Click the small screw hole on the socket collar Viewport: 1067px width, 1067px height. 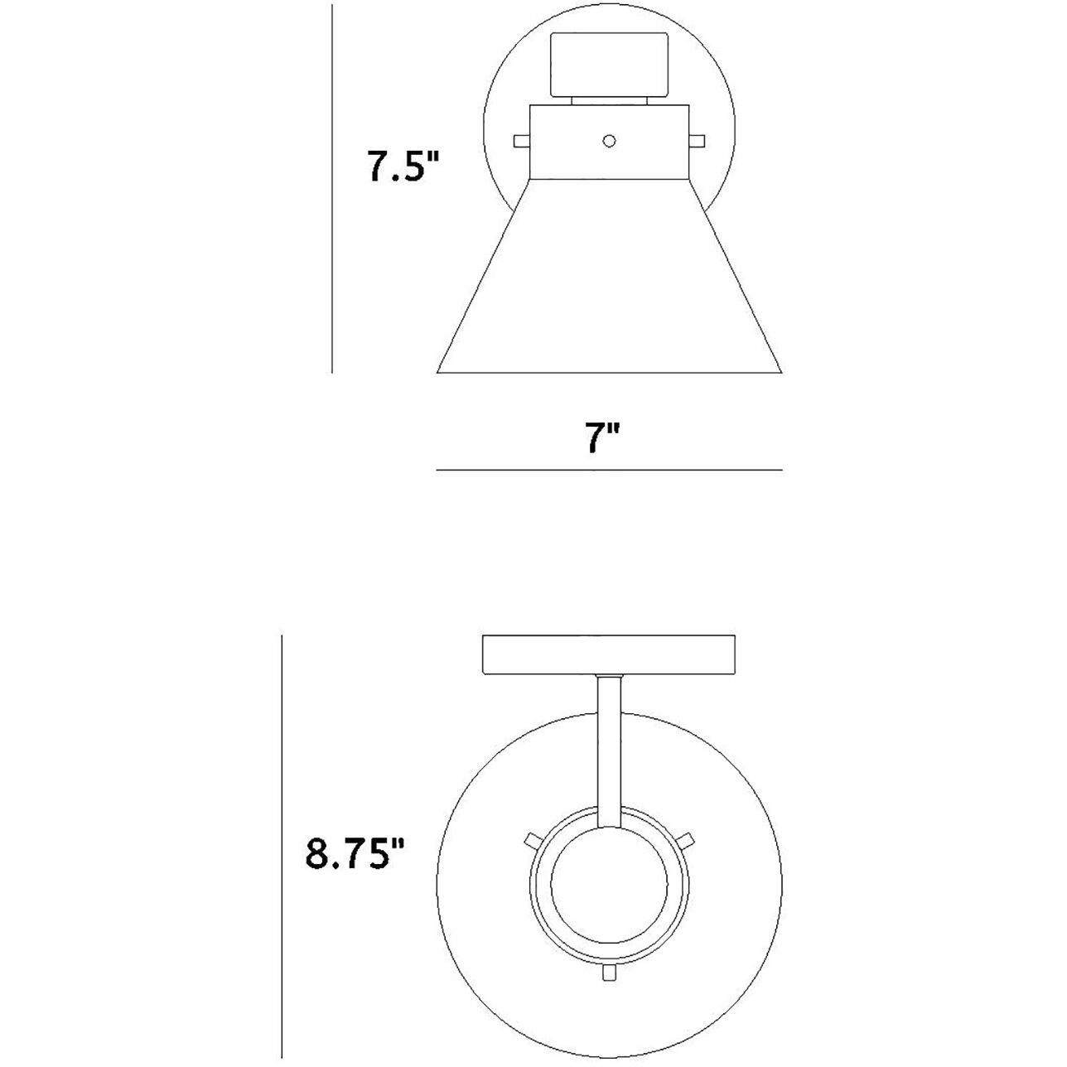tap(609, 141)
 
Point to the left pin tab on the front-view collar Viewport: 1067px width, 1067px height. tap(522, 141)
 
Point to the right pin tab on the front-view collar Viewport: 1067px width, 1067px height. tap(697, 141)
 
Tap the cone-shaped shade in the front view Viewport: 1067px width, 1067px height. tap(609, 276)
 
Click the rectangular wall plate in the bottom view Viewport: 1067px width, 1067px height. tap(609, 655)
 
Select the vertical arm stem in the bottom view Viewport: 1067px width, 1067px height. tap(609, 759)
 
